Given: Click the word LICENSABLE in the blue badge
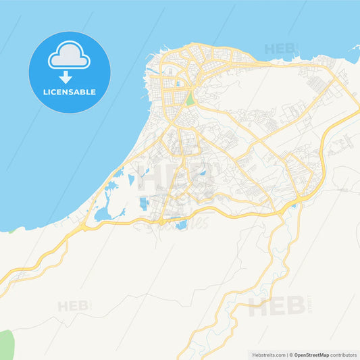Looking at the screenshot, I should tap(69, 92).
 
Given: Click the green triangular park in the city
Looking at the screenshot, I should tap(190, 99).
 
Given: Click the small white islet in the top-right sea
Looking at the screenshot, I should tap(353, 49).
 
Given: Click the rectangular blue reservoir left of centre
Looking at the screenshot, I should tap(143, 203).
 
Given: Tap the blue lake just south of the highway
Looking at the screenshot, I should tap(181, 225).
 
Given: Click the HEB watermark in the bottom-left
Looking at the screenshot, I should tap(72, 306).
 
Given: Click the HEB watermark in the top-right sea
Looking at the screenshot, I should tap(280, 49).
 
